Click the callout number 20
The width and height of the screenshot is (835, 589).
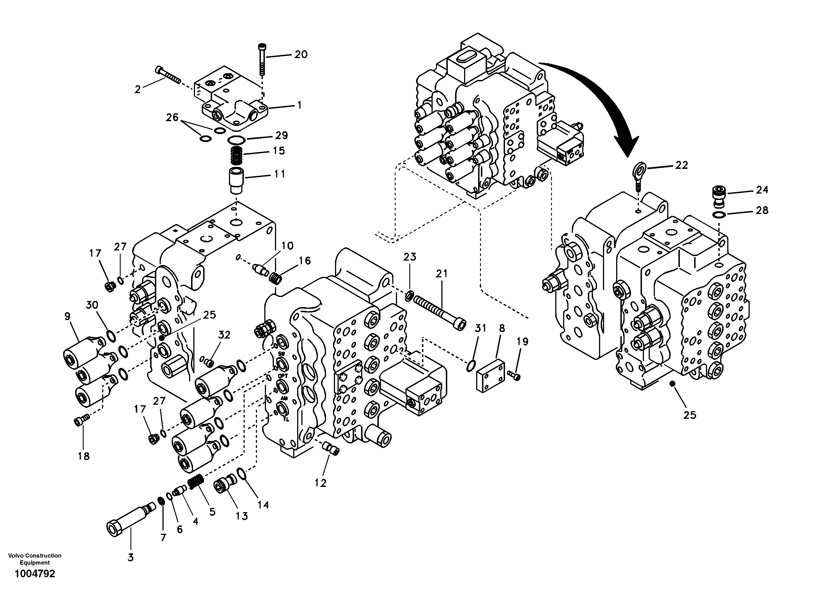click(x=301, y=54)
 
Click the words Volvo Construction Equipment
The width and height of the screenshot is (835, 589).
click(x=35, y=559)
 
